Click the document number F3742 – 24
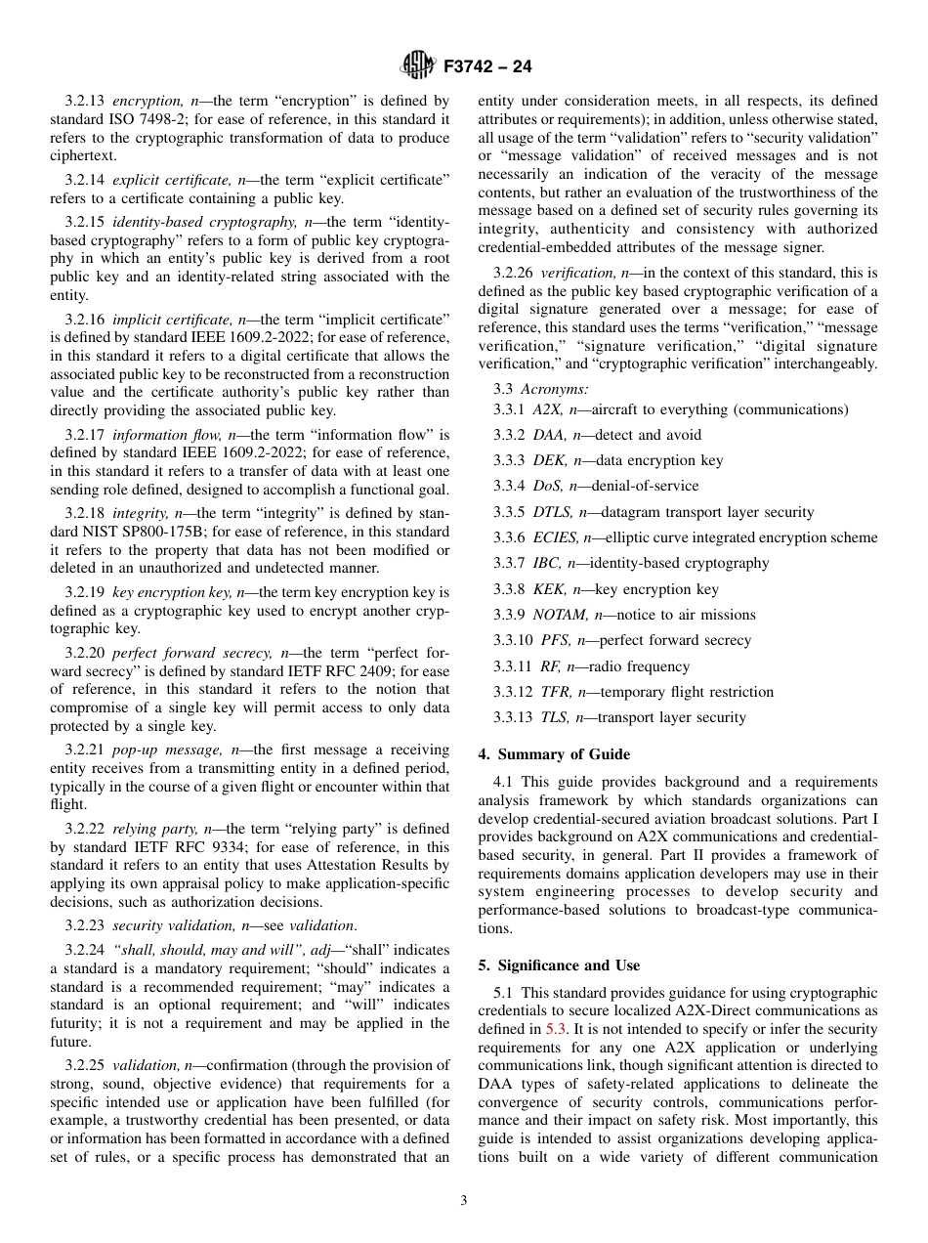486,67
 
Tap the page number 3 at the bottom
464,1201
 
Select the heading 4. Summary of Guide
554,754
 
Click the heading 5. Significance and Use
559,965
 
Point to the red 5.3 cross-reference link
556,1028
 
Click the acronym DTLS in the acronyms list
552,512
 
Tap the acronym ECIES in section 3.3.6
555,537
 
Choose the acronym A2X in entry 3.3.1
548,409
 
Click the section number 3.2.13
85,101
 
